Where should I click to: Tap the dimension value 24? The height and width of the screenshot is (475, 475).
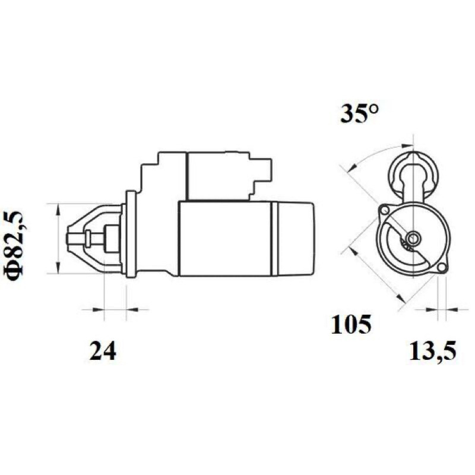[103, 351]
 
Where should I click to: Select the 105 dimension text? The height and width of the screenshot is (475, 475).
[351, 325]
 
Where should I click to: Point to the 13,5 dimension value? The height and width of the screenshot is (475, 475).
[433, 351]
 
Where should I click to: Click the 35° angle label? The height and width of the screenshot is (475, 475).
[360, 113]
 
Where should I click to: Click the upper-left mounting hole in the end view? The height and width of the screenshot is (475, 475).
[385, 210]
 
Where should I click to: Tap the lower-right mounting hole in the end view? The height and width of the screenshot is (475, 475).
[442, 267]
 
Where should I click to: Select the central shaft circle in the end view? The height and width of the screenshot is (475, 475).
[413, 239]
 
